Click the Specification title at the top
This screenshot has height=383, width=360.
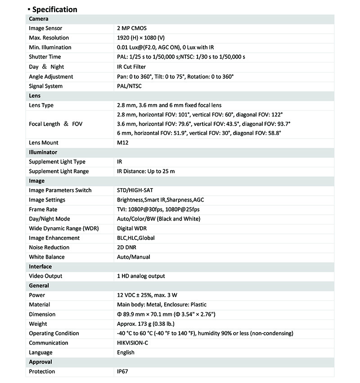pyautogui.click(x=55, y=9)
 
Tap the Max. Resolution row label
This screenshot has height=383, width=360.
pyautogui.click(x=49, y=38)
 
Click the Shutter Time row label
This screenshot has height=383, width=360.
pyautogui.click(x=45, y=57)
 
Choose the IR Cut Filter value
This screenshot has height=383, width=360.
pyautogui.click(x=131, y=67)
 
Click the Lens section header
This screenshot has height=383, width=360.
pyautogui.click(x=35, y=96)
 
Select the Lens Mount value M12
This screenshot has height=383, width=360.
pyautogui.click(x=123, y=143)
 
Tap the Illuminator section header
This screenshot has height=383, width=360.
pyautogui.click(x=43, y=153)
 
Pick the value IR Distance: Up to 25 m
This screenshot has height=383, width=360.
pyautogui.click(x=146, y=171)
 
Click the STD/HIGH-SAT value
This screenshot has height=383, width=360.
pyautogui.click(x=135, y=190)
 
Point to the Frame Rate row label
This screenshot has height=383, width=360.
pyautogui.click(x=43, y=209)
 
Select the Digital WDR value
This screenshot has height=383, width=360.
pyautogui.click(x=132, y=229)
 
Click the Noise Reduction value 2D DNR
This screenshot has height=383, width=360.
pyautogui.click(x=127, y=248)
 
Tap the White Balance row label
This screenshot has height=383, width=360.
pyautogui.click(x=47, y=257)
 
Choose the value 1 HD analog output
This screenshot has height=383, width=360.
pyautogui.click(x=141, y=276)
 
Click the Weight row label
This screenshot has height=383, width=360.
pyautogui.click(x=38, y=324)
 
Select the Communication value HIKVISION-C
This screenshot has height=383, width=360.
pyautogui.click(x=135, y=343)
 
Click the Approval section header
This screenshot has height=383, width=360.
pyautogui.click(x=40, y=362)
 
